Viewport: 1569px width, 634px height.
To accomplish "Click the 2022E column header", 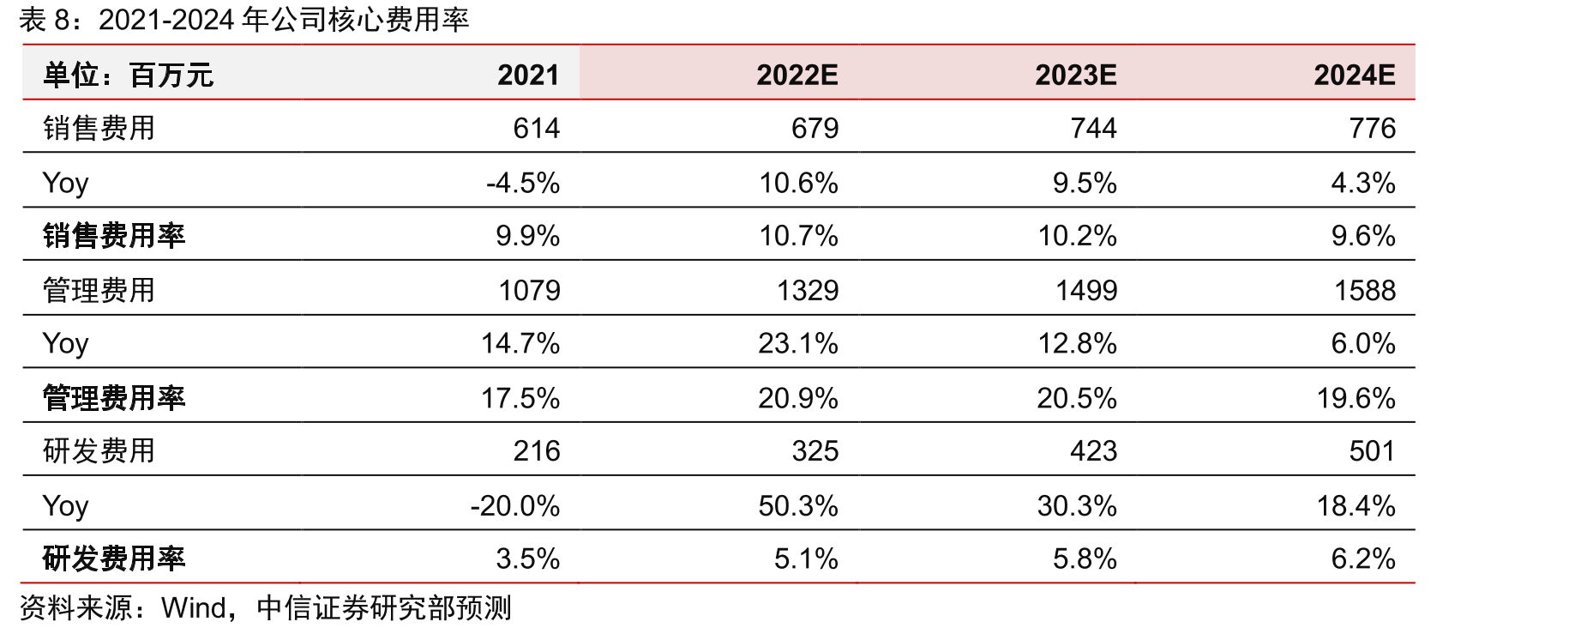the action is pyautogui.click(x=797, y=75).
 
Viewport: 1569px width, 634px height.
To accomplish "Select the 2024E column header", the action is pyautogui.click(x=1355, y=75).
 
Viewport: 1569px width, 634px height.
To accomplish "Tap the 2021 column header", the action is pyautogui.click(x=528, y=75).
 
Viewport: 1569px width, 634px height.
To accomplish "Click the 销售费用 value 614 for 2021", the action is pyautogui.click(x=537, y=128).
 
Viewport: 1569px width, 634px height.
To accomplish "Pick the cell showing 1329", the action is pyautogui.click(x=808, y=290).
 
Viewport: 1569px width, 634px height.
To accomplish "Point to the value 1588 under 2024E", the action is pyautogui.click(x=1365, y=290).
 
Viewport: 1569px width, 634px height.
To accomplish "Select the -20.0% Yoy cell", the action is pyautogui.click(x=515, y=505).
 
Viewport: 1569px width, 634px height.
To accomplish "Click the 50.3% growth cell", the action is pyautogui.click(x=798, y=505).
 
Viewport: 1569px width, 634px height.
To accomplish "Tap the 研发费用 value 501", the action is pyautogui.click(x=1373, y=450).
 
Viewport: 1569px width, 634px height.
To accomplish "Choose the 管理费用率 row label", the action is pyautogui.click(x=114, y=398).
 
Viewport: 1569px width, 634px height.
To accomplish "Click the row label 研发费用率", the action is pyautogui.click(x=114, y=559).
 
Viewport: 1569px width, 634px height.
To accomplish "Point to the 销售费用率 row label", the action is pyautogui.click(x=114, y=236).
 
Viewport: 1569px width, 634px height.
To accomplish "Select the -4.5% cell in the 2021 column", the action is pyautogui.click(x=523, y=183).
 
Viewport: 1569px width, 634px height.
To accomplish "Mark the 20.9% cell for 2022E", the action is pyautogui.click(x=798, y=398).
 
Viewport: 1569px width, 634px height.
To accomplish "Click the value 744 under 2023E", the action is pyautogui.click(x=1093, y=128).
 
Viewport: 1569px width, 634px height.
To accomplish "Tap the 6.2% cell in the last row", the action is pyautogui.click(x=1363, y=559).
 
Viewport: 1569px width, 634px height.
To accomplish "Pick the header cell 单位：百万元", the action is pyautogui.click(x=128, y=75).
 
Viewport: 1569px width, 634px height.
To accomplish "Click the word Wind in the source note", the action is pyautogui.click(x=193, y=607).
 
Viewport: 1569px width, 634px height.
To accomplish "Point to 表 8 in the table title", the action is pyautogui.click(x=44, y=20).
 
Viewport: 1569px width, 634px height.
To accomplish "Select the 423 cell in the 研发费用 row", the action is pyautogui.click(x=1093, y=450).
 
